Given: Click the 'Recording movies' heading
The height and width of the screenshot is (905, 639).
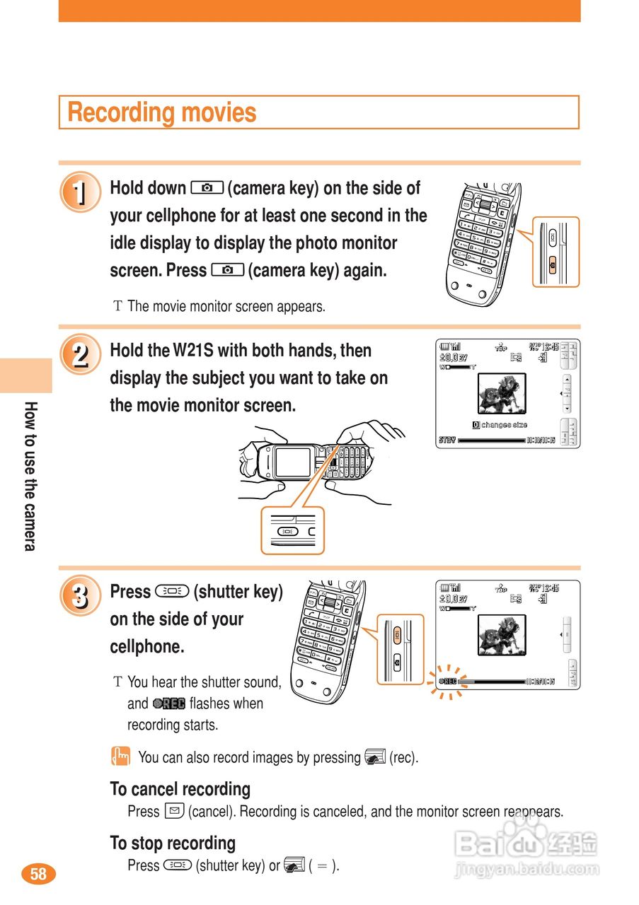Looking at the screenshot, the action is (162, 112).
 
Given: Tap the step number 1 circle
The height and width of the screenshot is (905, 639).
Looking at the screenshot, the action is (81, 192).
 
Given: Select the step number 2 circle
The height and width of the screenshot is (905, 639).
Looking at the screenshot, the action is (81, 354).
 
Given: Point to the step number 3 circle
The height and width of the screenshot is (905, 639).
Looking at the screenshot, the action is (81, 596).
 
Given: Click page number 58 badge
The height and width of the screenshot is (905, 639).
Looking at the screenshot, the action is (38, 874).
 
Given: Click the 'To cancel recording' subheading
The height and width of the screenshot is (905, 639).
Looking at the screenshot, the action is (180, 789).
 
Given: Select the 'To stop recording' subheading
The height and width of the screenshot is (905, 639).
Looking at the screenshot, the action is (173, 843).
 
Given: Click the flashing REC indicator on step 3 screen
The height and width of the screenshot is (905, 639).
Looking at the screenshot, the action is (449, 682).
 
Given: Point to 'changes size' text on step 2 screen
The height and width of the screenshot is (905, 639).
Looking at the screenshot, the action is (504, 425).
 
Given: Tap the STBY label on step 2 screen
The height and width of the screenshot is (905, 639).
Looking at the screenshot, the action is (447, 440).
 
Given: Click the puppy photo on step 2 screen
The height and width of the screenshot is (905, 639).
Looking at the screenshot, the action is (502, 394).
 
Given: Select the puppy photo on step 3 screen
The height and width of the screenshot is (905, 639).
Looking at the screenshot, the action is (502, 635).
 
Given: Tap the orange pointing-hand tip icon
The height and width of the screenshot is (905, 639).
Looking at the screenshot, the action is (121, 757).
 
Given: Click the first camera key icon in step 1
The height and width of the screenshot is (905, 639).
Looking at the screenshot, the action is (207, 188).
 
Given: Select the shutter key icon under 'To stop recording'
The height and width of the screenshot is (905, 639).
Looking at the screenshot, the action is (177, 865).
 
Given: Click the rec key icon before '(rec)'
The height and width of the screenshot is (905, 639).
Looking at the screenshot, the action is (374, 757).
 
